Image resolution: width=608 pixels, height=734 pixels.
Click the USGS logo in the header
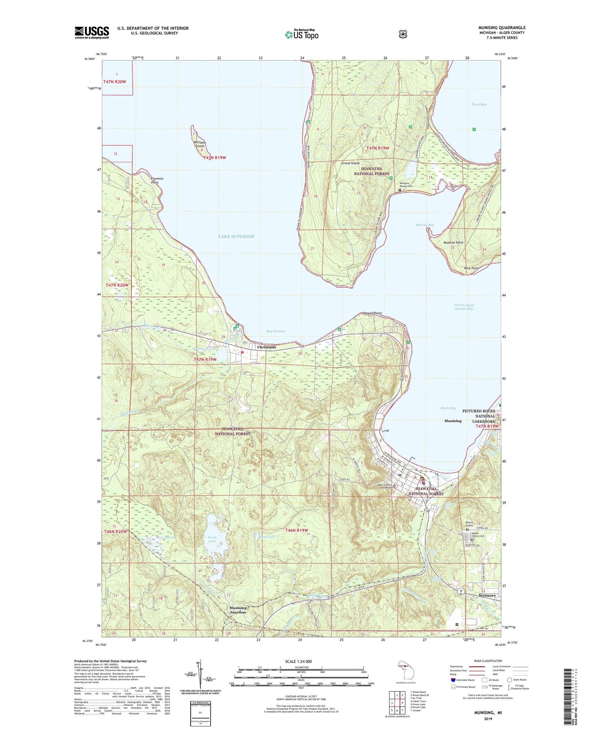point(92,32)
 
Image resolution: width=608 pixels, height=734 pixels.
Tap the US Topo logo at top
point(301,34)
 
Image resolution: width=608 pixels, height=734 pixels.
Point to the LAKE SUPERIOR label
point(236,237)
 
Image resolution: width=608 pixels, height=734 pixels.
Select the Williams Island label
point(199,144)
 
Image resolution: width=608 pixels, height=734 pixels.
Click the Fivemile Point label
point(157,180)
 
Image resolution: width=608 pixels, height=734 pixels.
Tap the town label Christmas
point(266,347)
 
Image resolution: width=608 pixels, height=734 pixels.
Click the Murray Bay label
point(425,225)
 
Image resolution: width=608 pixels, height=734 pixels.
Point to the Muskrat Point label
point(453,243)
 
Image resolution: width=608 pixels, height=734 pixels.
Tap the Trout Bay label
point(478,104)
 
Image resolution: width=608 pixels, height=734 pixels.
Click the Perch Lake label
point(212,539)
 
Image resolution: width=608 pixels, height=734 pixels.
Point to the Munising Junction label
point(238,610)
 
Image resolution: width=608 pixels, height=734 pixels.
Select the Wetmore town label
point(487,596)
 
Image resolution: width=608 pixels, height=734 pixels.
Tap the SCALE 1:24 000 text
point(298,661)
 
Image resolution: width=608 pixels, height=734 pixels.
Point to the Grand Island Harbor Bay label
point(463,307)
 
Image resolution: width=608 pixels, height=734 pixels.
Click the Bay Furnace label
point(276,331)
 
